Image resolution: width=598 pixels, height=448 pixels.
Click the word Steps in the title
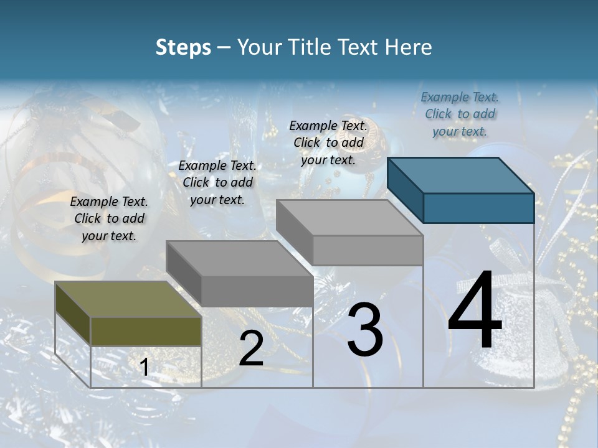[x=183, y=47]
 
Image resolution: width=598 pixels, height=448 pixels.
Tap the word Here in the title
[x=407, y=47]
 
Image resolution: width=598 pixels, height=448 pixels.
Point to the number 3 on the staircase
[x=365, y=330]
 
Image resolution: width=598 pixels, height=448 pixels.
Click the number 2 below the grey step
[x=251, y=348]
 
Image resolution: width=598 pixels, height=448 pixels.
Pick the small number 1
[x=145, y=368]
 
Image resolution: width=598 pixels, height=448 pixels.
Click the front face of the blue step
[x=478, y=208]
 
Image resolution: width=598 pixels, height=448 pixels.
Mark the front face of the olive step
[x=146, y=331]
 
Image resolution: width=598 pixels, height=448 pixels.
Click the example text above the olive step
[x=109, y=219]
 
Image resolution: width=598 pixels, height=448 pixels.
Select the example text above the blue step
[x=460, y=114]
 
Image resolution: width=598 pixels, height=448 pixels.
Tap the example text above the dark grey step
[x=217, y=182]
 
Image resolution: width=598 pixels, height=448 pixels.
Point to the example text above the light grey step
[x=328, y=142]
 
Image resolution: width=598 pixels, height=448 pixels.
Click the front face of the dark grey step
[x=257, y=291]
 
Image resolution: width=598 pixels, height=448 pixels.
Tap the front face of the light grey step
[x=368, y=250]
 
